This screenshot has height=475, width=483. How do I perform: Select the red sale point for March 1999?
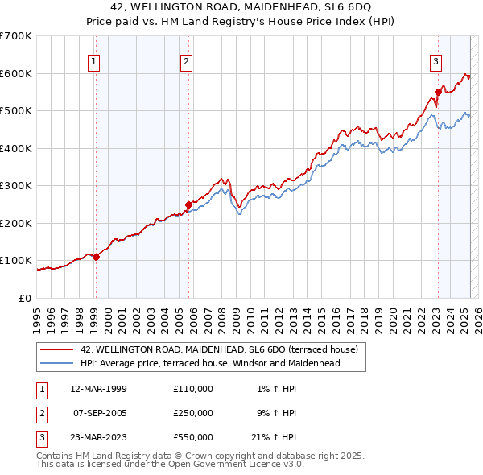click(96, 257)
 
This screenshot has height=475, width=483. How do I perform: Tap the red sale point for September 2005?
click(188, 204)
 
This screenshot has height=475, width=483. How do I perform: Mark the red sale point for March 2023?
click(438, 92)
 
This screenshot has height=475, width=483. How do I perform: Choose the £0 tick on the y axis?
click(27, 298)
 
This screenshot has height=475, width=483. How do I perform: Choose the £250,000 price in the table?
click(193, 413)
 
